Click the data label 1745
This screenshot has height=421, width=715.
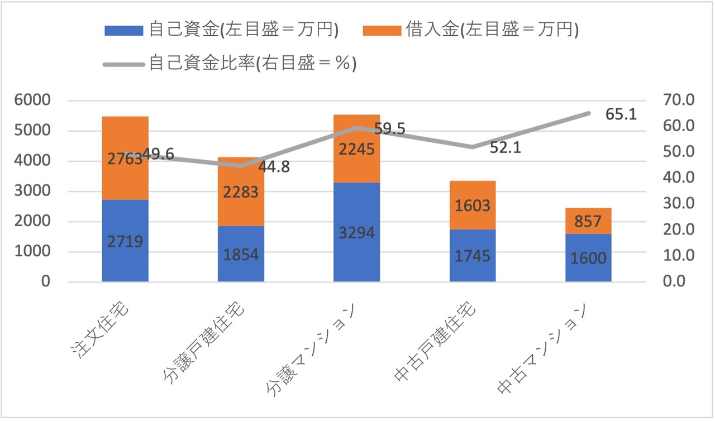coord(472,256)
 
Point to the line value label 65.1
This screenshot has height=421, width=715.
coord(621,115)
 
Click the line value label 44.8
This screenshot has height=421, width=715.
coord(274,167)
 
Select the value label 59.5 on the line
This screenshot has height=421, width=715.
coord(389,129)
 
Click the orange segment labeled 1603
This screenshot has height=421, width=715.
coord(472,205)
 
